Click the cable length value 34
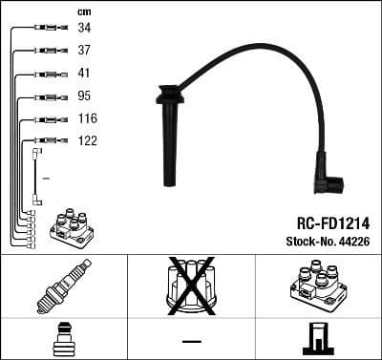pos(84,29)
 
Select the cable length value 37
pos(84,51)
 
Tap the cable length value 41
pos(84,74)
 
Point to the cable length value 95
pos(84,96)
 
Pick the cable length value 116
pos(88,119)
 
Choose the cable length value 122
pos(88,141)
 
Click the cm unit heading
pos(84,11)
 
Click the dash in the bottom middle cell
pos(191,340)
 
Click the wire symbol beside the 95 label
pos(45,96)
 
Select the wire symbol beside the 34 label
pos(45,29)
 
